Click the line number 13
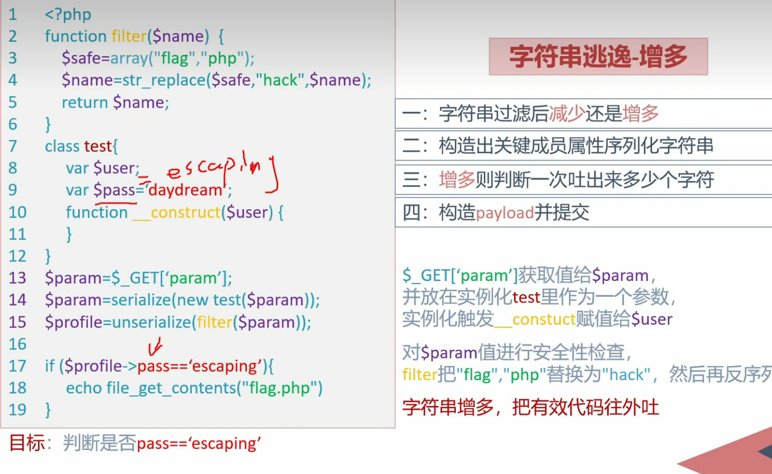coord(17,278)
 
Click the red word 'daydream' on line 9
coord(185,190)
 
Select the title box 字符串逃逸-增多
coord(598,56)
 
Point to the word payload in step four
coord(505,213)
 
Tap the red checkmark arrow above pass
coord(155,346)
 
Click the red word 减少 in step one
coord(566,114)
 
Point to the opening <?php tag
coord(68,14)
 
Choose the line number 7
coord(13,146)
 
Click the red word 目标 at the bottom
coord(27,443)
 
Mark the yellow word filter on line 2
coord(129,36)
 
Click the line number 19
coord(17,410)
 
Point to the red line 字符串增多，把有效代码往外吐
coord(530,407)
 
